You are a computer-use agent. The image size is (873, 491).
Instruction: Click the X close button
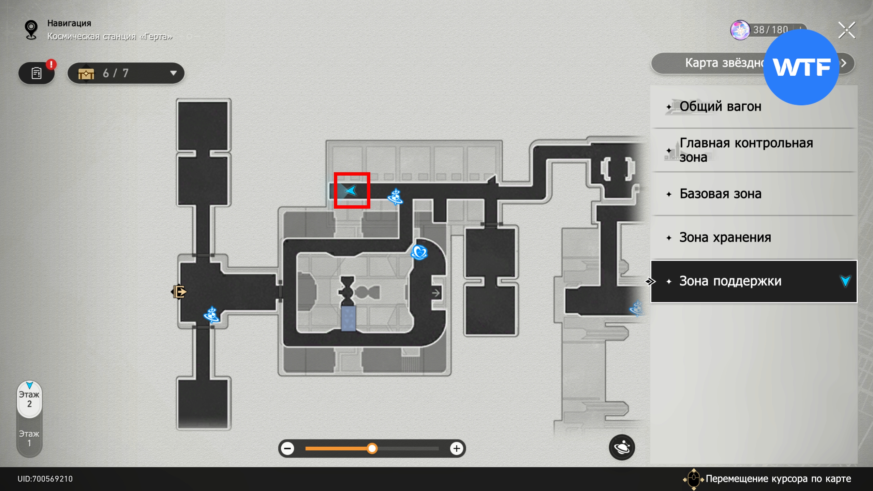point(846,30)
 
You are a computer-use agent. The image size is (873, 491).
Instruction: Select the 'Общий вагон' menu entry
point(720,107)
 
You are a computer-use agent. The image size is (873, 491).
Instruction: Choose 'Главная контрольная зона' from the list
point(746,150)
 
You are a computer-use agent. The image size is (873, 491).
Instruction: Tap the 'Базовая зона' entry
point(720,194)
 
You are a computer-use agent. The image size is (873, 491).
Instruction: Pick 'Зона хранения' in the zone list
point(725,238)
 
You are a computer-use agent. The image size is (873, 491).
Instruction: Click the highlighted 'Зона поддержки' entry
point(730,281)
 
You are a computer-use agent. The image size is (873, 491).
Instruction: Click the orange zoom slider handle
point(372,448)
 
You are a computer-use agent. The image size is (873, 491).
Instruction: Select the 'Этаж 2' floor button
point(29,399)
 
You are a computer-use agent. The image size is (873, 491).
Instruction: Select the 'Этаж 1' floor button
point(29,438)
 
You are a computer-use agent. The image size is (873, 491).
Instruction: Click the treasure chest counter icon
point(86,73)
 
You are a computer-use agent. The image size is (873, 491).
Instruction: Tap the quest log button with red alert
point(36,73)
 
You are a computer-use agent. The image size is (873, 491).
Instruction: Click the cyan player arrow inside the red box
point(351,190)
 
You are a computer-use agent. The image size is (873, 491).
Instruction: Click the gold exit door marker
point(179,292)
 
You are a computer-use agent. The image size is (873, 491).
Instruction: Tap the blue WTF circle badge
point(801,67)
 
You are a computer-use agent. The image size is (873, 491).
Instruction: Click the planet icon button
point(622,447)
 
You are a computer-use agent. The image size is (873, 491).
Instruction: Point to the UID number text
point(45,479)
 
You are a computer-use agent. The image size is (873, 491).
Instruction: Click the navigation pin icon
point(31,30)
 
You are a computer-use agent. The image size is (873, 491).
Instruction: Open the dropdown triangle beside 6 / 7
point(173,73)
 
